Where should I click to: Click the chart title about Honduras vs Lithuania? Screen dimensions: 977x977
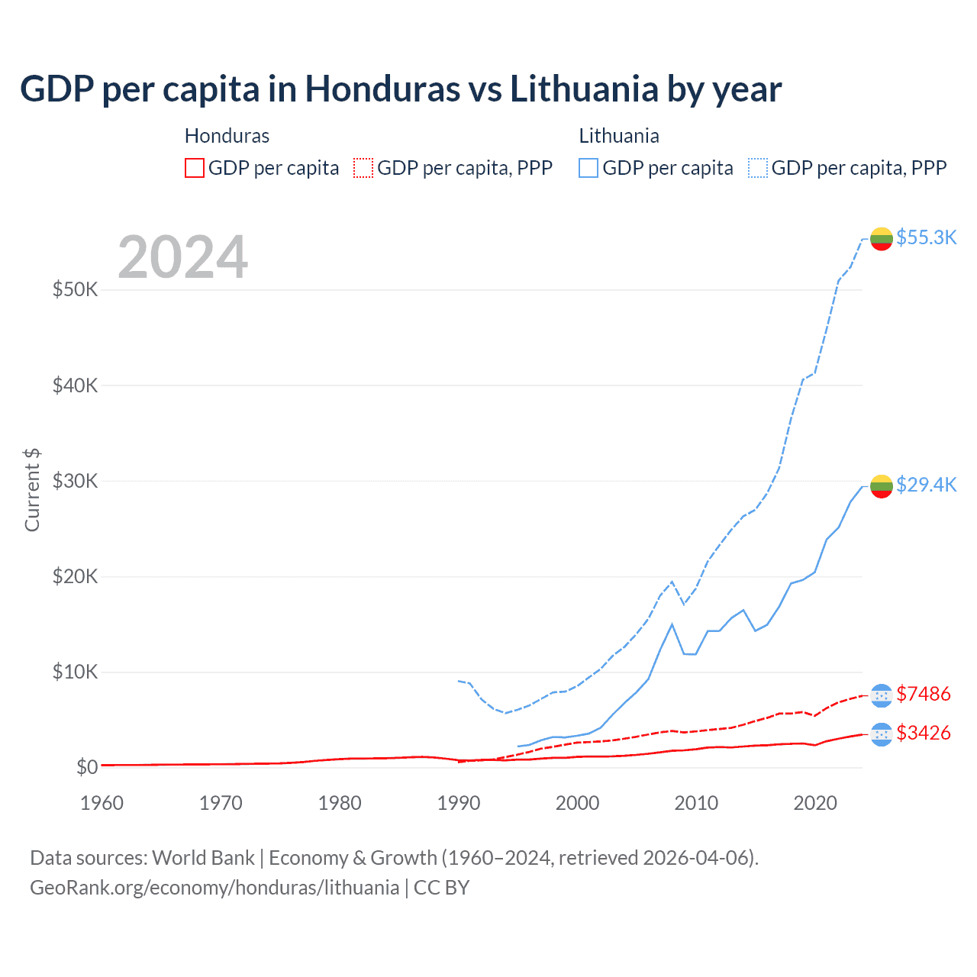[x=401, y=89]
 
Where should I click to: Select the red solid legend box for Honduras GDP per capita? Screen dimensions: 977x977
[x=195, y=168]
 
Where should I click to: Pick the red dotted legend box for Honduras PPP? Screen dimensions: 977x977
[x=363, y=168]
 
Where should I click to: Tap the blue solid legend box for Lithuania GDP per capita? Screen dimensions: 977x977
[x=588, y=168]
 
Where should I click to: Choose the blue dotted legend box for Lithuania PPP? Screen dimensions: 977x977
[x=758, y=168]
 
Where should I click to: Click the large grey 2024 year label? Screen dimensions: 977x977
[x=182, y=257]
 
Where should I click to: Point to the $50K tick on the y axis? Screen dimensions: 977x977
[x=75, y=290]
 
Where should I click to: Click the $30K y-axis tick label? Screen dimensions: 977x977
[x=75, y=481]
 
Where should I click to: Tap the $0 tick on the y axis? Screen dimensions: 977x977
[x=86, y=767]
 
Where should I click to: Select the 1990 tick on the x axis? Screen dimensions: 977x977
[x=459, y=803]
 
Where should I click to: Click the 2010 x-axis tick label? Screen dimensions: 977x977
[x=696, y=803]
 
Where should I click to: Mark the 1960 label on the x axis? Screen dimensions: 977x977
[x=102, y=803]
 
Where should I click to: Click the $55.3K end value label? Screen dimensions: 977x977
[x=926, y=237]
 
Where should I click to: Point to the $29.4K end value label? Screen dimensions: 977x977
[x=926, y=485]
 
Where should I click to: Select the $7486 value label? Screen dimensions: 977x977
[x=923, y=694]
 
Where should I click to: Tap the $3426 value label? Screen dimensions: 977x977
[x=923, y=733]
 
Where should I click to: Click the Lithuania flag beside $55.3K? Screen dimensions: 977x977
[x=882, y=239]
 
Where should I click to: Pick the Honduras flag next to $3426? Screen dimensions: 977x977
[x=882, y=734]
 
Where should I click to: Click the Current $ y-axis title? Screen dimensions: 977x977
[x=32, y=490]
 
